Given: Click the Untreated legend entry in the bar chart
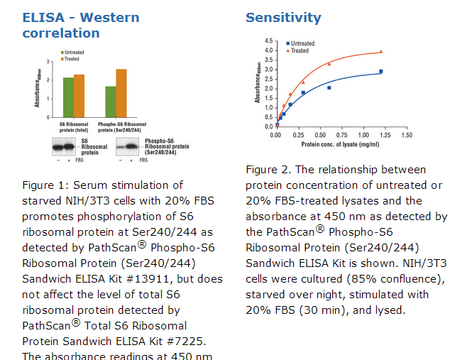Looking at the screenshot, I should click(74, 53).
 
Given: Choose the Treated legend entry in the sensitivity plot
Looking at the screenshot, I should click(299, 51).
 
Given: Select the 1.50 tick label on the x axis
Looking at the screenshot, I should click(407, 135).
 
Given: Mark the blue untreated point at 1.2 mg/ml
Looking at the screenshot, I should click(381, 71).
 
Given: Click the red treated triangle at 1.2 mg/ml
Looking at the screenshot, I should click(381, 51).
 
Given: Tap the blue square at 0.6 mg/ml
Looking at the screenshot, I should click(329, 87).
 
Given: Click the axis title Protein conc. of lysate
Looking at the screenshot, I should click(340, 144).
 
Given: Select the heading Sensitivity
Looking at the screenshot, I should click(283, 18).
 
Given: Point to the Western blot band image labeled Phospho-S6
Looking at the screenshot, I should click(129, 146).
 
